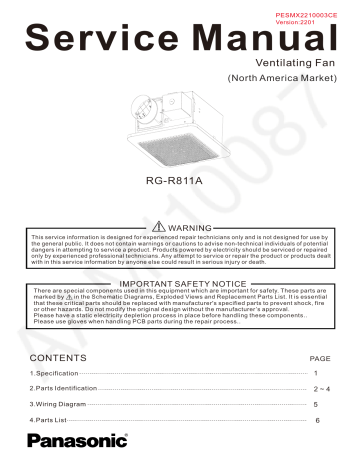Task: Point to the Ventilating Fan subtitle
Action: click(294, 61)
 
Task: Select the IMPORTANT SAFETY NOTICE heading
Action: click(181, 284)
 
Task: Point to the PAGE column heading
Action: click(320, 357)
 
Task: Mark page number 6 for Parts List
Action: click(319, 420)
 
